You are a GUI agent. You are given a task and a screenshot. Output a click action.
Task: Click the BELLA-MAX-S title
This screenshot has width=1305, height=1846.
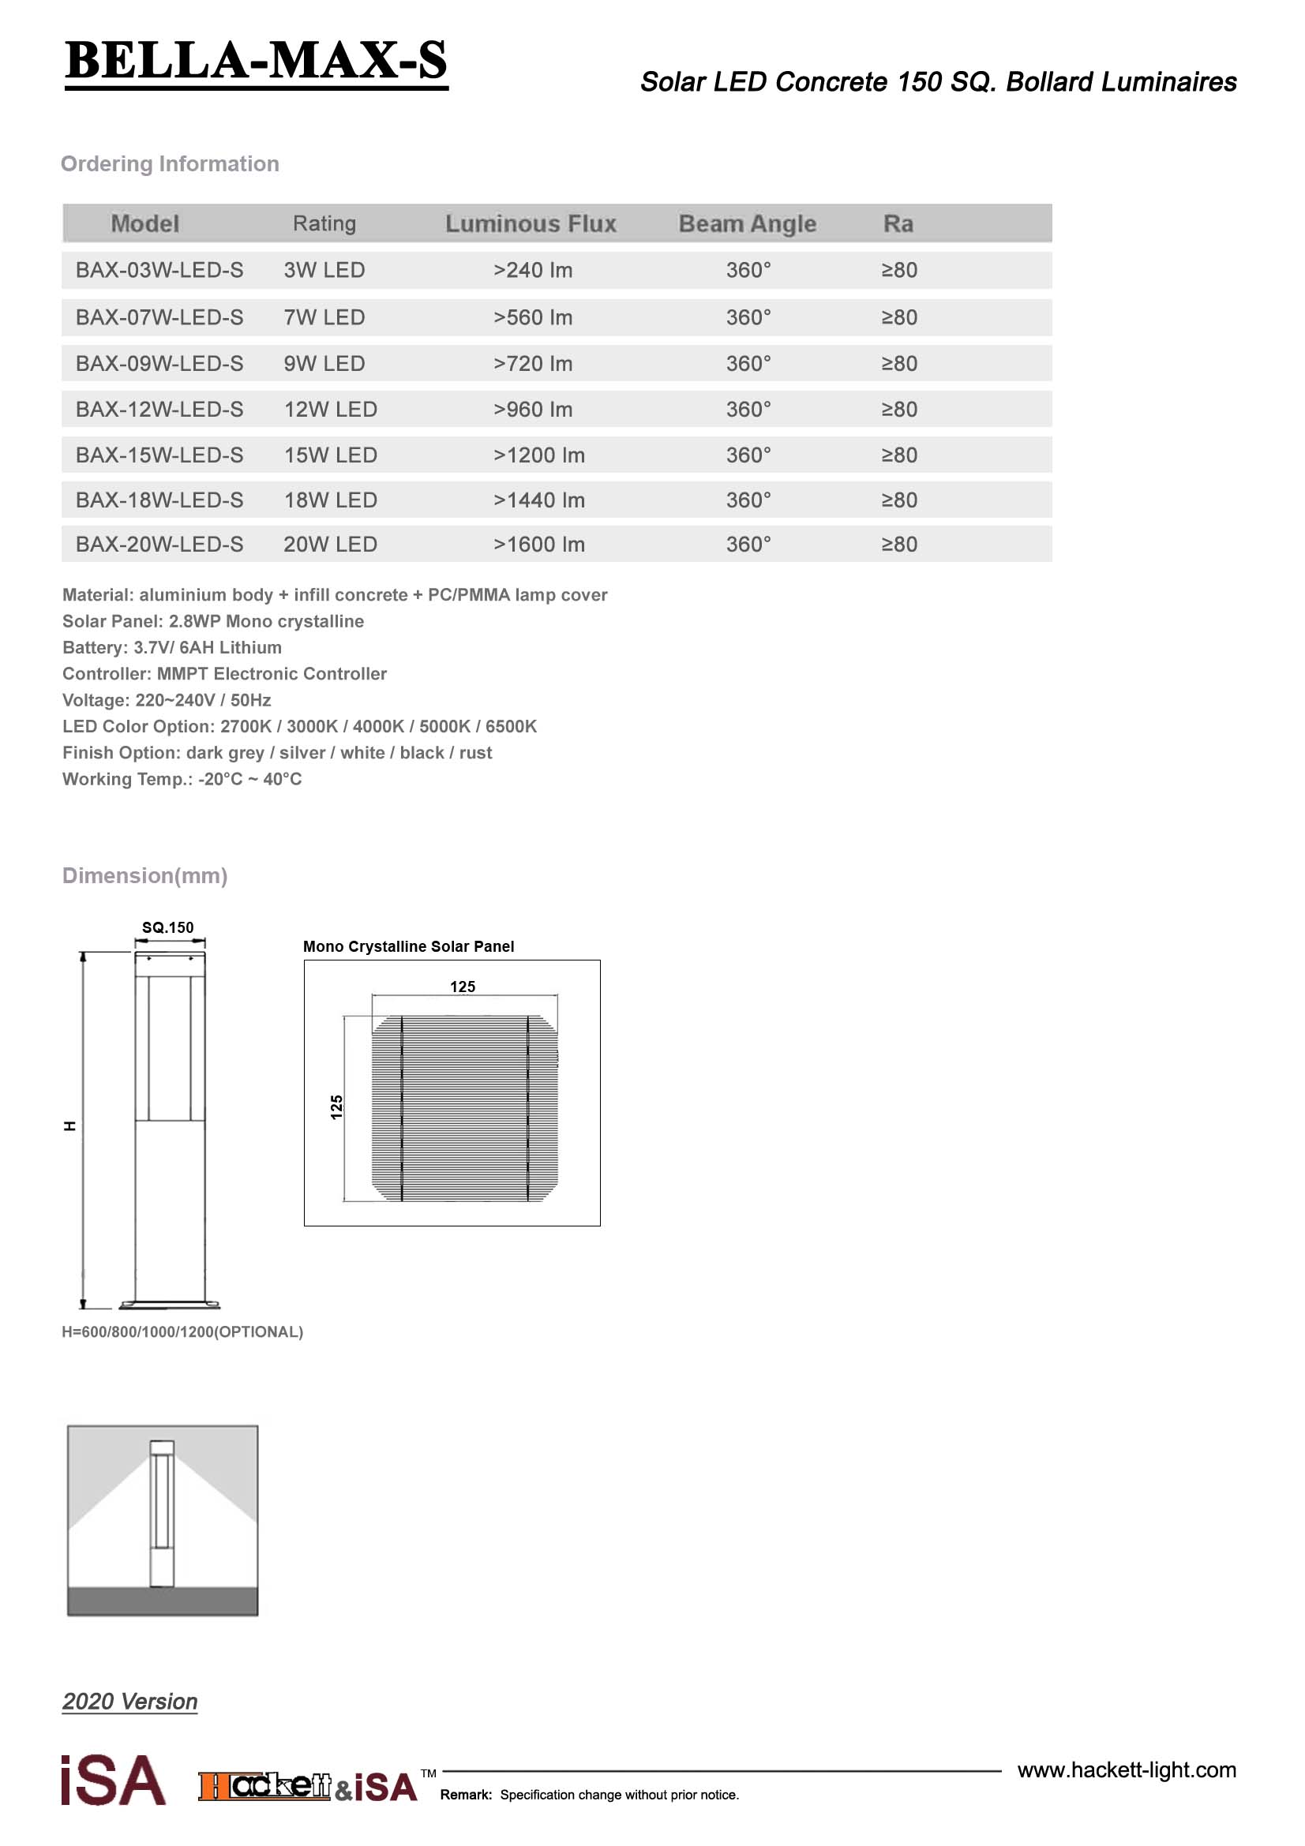(x=256, y=61)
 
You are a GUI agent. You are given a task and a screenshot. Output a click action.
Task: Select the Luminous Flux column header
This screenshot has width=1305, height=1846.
(x=531, y=223)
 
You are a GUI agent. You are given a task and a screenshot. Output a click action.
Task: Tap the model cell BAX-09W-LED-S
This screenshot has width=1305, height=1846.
(x=159, y=363)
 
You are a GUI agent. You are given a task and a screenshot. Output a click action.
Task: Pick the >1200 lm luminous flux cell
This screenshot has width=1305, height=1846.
(x=538, y=455)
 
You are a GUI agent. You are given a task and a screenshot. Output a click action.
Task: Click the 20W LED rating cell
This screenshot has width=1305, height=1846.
(x=330, y=545)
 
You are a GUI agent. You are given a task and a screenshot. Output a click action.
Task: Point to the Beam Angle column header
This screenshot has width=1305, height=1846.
(x=747, y=223)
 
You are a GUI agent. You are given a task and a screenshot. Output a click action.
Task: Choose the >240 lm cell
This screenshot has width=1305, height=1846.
(x=532, y=270)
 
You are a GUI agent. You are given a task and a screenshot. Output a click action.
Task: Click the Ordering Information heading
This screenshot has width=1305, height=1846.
(x=170, y=164)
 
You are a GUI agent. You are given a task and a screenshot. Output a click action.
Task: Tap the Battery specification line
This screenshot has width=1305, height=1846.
(x=172, y=647)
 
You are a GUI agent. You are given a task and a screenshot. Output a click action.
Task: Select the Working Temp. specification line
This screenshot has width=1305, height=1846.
(x=182, y=779)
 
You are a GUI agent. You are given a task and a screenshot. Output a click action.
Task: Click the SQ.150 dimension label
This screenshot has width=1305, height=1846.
(x=167, y=927)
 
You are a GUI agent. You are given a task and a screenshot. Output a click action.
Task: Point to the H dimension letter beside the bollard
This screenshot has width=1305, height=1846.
(x=70, y=1126)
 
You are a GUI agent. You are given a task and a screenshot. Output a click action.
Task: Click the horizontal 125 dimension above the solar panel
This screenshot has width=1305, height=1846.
(x=463, y=987)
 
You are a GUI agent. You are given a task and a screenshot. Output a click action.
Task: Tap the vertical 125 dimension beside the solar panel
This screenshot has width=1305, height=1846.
(x=337, y=1107)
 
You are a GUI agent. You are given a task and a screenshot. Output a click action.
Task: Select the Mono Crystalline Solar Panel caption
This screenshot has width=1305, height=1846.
(x=408, y=946)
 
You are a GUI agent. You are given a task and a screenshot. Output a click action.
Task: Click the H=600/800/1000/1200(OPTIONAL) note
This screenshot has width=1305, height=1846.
(x=182, y=1332)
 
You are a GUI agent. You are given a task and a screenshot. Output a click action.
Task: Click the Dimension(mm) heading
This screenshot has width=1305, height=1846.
(x=144, y=875)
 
